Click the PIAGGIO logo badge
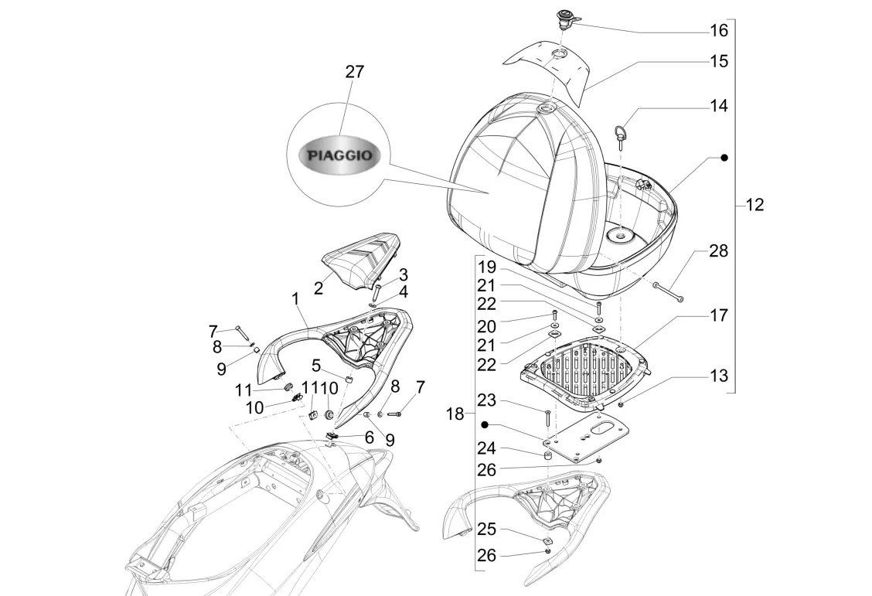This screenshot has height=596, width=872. (339, 155)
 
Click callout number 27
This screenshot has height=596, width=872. (354, 72)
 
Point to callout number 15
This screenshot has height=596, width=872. (719, 60)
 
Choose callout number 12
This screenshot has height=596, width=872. (754, 205)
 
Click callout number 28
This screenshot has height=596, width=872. (719, 251)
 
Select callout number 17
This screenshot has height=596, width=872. (719, 315)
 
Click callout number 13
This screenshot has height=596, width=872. (719, 376)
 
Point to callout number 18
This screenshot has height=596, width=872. (455, 414)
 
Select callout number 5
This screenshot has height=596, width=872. (316, 363)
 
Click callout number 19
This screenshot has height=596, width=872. (485, 266)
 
